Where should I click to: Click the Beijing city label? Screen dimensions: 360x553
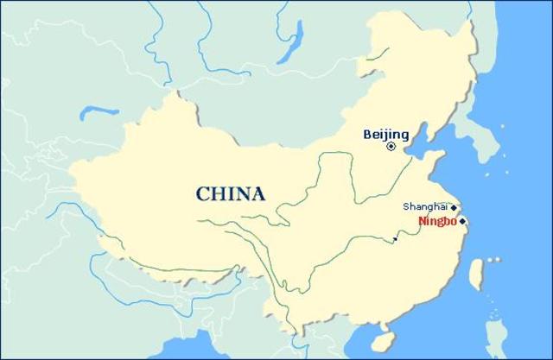point(385,134)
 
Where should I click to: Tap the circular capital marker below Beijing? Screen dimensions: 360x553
point(391,147)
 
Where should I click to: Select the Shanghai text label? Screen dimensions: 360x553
point(425,206)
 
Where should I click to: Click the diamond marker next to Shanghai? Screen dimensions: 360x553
point(454,207)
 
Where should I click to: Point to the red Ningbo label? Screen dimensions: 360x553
point(436,222)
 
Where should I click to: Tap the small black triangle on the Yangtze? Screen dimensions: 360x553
point(396,237)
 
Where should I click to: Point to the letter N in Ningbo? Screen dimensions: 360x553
point(421,222)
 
